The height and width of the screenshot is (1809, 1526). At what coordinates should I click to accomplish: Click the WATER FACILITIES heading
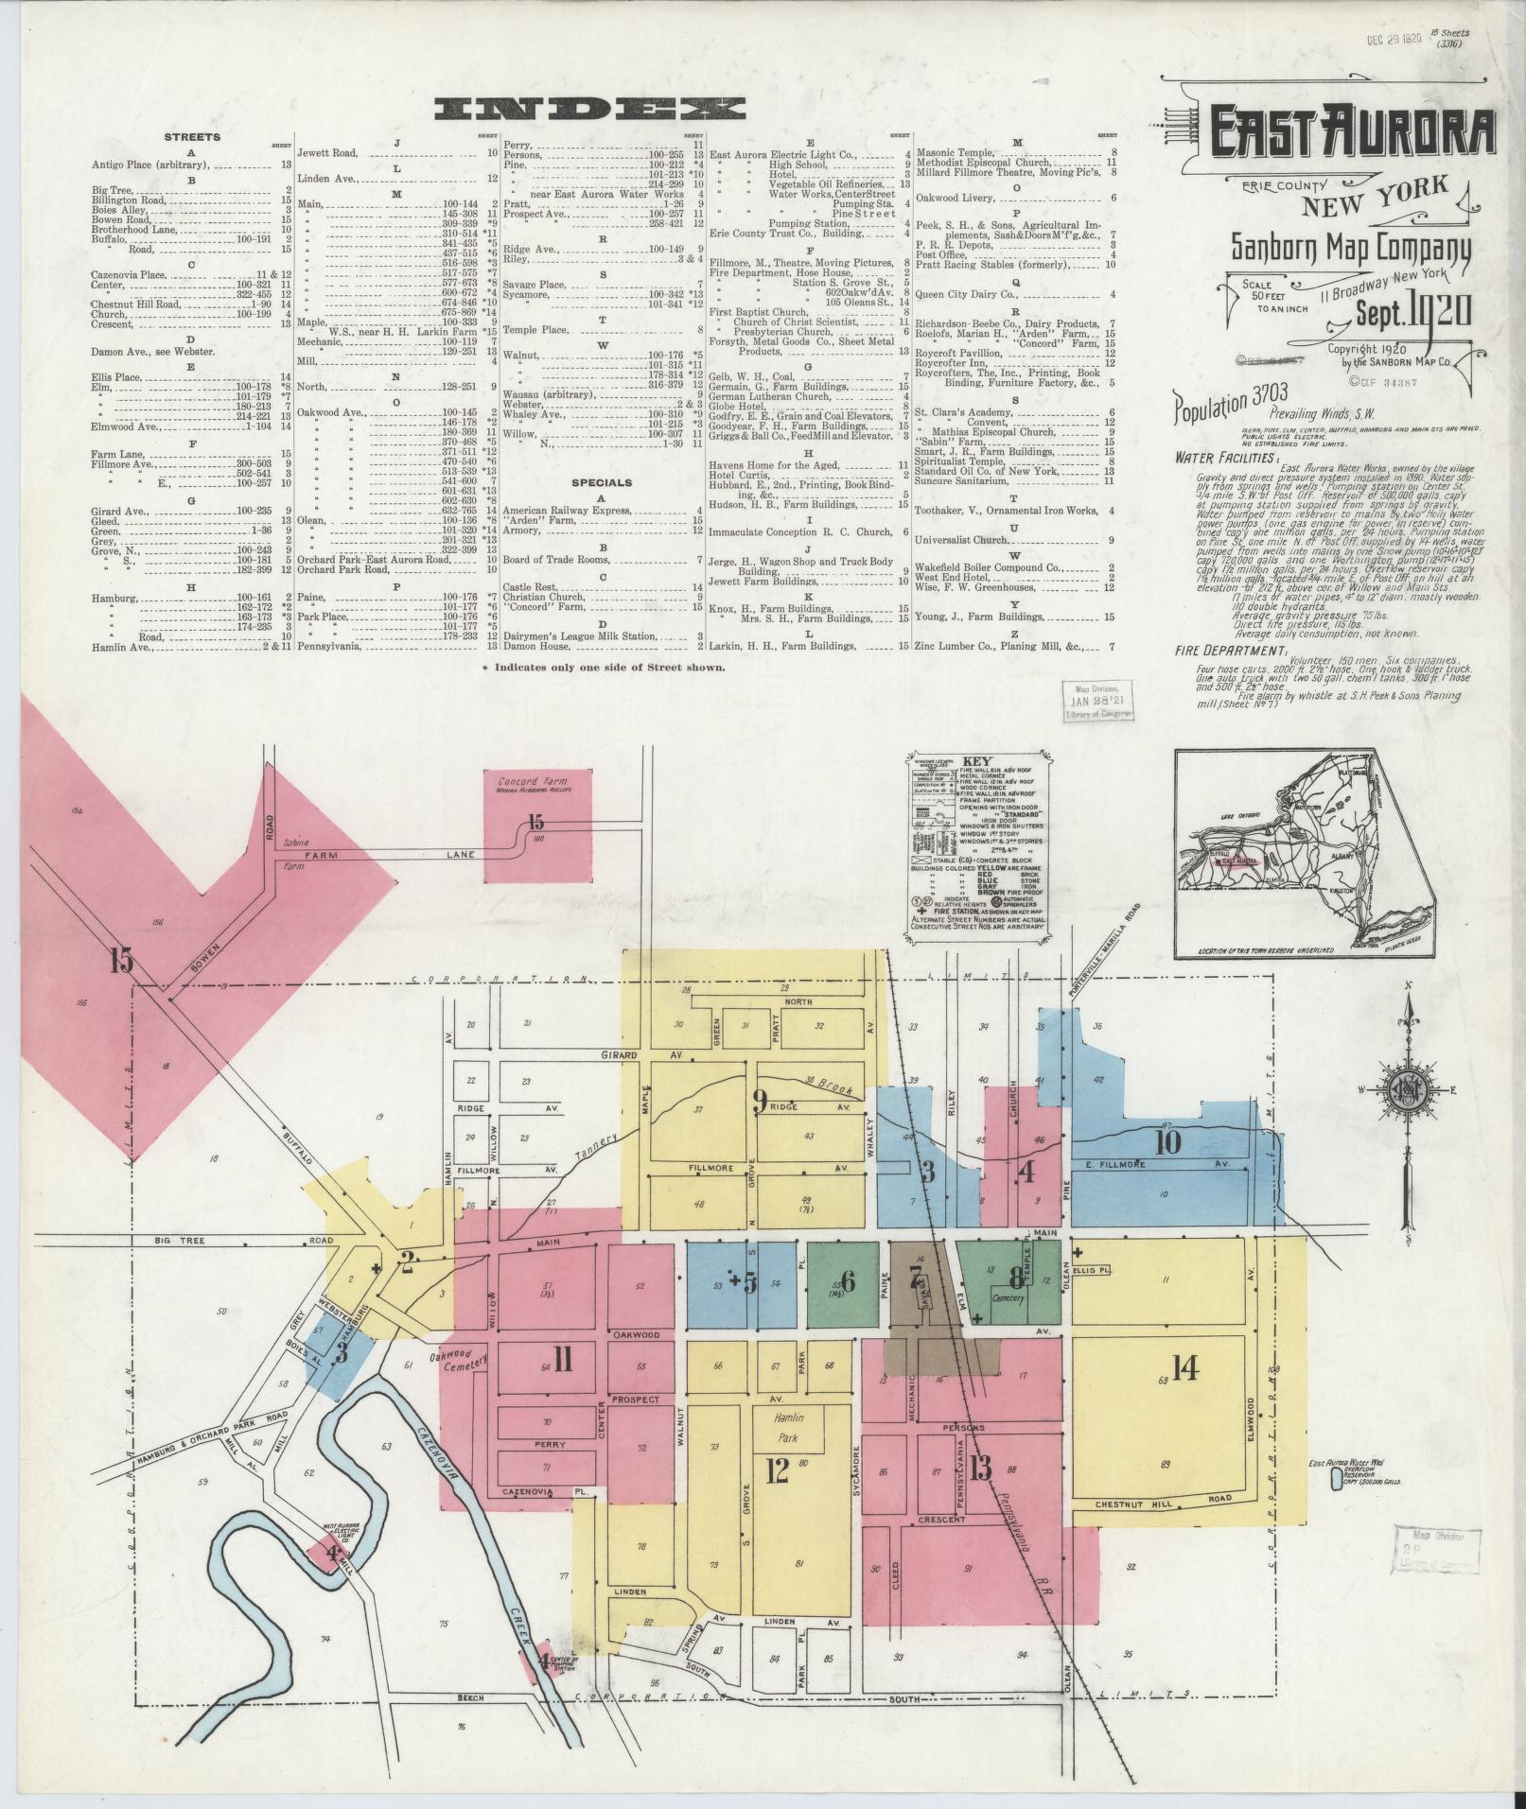click(1214, 458)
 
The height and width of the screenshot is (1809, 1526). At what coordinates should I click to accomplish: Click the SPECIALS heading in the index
click(602, 482)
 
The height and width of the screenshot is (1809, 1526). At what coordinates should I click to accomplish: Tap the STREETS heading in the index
click(192, 137)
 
